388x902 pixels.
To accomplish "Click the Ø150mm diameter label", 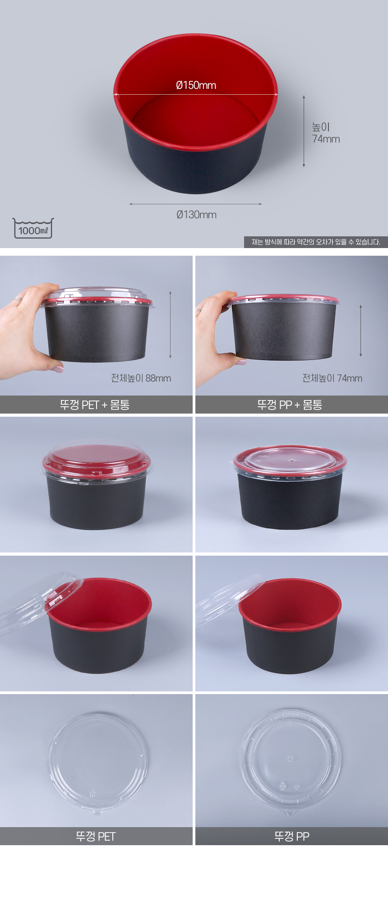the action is coord(196,85).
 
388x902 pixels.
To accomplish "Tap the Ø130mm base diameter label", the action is coord(196,215).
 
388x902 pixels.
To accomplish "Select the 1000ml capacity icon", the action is coord(33,228).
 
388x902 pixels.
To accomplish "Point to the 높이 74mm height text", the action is coord(326,133).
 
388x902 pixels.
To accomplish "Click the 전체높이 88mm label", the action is coord(141,378).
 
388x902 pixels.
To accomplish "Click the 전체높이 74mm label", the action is coord(332,378).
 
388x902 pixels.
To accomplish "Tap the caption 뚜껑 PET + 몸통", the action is coord(95,405).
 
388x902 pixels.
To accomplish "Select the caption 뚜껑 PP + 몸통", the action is coord(290,405).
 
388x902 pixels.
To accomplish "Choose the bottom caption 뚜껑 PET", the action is coord(96,837).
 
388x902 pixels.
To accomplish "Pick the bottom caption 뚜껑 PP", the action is coord(291,837).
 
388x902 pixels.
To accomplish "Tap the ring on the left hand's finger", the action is coord(18,298).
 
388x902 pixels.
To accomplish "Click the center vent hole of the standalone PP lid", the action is coord(291,759).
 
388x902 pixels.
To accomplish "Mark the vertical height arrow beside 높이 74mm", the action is coord(304,131).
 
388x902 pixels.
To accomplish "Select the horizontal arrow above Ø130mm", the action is coord(195,204).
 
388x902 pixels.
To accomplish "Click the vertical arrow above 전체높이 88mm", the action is coord(171,325).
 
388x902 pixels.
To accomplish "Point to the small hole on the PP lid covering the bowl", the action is coord(291,461).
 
